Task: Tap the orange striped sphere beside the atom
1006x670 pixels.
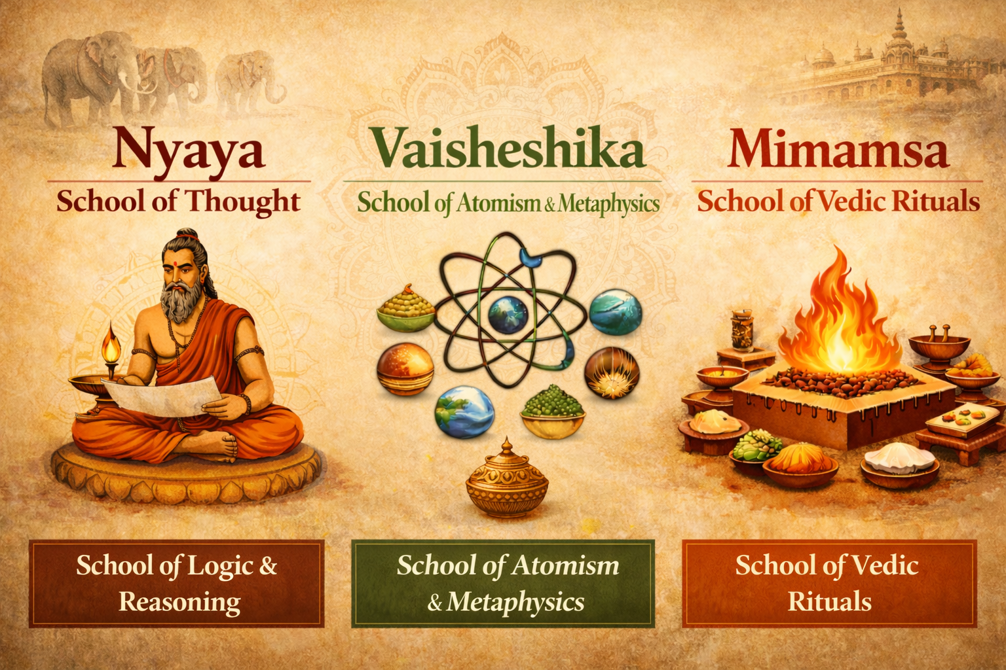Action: (405, 368)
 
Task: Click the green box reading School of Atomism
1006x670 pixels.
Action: (503, 583)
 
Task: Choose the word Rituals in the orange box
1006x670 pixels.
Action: (829, 601)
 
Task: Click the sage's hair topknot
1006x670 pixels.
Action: (188, 234)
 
